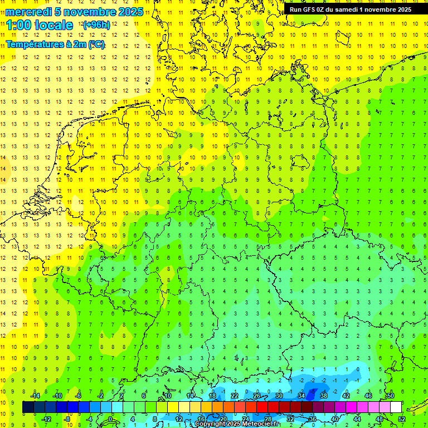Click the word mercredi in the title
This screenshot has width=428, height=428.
point(28,12)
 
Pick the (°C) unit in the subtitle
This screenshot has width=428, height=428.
point(96,44)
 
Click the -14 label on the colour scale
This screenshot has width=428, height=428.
point(35,395)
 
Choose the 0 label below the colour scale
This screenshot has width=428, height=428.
point(110,419)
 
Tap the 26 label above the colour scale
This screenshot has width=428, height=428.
point(257,395)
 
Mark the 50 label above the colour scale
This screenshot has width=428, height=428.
point(391,395)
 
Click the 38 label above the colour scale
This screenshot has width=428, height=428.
point(323,395)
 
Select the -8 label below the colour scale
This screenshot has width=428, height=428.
point(67,419)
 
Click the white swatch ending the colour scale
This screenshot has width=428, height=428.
point(396,407)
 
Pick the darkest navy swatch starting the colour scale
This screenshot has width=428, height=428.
point(28,407)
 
